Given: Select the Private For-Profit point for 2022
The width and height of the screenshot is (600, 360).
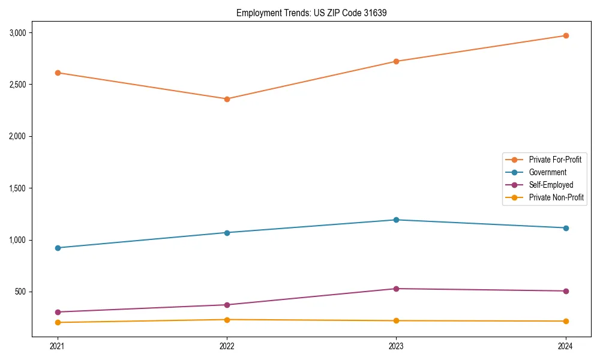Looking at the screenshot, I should coord(227,99).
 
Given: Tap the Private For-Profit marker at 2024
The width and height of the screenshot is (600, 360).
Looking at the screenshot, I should coord(565,35).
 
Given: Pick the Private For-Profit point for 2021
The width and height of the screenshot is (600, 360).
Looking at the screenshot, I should coord(58,73).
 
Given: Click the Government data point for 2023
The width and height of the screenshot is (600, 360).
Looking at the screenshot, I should coord(396,220).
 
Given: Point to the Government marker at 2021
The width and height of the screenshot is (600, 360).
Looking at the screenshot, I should coord(58,248).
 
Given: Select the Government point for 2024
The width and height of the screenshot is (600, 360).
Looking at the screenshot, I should coord(565,228).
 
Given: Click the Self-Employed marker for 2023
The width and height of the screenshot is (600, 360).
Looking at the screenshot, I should coord(396,289).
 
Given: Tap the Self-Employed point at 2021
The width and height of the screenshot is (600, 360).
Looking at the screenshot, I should coord(58,312).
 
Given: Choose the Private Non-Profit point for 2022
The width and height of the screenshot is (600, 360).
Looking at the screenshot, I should coord(227,320).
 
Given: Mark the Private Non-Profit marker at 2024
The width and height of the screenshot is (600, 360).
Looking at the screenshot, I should coord(565,321).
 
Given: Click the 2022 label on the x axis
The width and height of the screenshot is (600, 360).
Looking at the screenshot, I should coord(227,346).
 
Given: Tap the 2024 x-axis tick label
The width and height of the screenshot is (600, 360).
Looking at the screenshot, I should coord(565,346).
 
